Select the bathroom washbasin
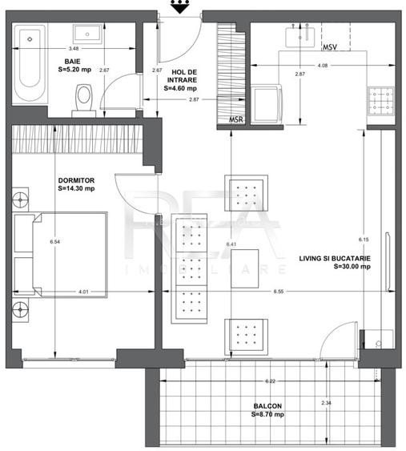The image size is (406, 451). (x=87, y=33)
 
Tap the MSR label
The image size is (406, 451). (x=236, y=120)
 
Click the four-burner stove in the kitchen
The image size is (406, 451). (x=379, y=102)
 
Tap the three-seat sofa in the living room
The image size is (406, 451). (x=191, y=268)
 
